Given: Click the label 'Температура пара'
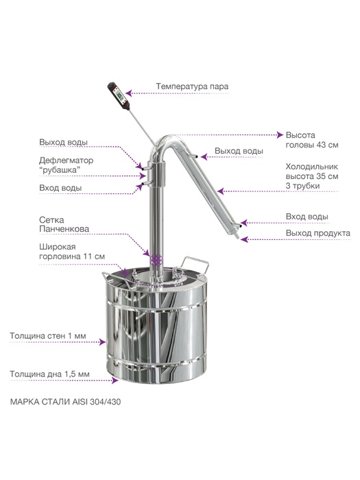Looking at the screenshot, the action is tap(192, 86).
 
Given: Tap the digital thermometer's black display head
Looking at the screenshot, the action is tap(119, 96).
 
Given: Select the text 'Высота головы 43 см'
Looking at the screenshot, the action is tap(312, 140).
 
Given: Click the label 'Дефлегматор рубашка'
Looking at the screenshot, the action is tap(66, 165).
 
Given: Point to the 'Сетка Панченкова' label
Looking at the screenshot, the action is tap(64, 224).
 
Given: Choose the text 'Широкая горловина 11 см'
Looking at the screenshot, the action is tap(72, 252).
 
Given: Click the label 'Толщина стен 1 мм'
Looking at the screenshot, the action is tap(48, 336).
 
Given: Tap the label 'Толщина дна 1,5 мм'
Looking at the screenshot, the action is tap(49, 374).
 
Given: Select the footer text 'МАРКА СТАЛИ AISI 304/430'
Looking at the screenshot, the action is tap(66, 402).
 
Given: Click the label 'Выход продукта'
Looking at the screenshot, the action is tap(318, 233).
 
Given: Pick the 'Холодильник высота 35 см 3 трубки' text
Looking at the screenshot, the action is tap(312, 176).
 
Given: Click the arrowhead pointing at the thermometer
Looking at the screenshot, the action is tap(129, 93).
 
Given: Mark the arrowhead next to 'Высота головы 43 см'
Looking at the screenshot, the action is tap(280, 134).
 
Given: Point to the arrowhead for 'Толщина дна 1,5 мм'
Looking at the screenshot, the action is tap(115, 381).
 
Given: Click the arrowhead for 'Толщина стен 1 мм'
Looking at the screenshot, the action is tap(103, 342).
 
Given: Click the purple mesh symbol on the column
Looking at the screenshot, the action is tap(156, 260).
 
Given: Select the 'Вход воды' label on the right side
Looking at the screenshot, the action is tap(307, 217).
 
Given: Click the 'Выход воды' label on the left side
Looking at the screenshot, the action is tap(63, 143).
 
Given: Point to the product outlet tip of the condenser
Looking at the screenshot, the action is tap(237, 238).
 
